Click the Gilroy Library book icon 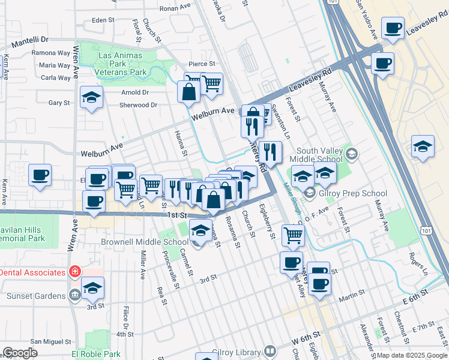click(270, 351)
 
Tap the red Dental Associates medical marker click(74, 272)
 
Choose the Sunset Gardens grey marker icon click(74, 295)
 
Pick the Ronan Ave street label click(174, 8)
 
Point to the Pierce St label click(202, 64)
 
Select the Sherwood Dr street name click(139, 105)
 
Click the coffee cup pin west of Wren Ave click(40, 175)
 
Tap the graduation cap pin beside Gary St click(91, 97)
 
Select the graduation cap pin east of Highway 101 click(423, 146)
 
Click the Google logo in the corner click(20, 353)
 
